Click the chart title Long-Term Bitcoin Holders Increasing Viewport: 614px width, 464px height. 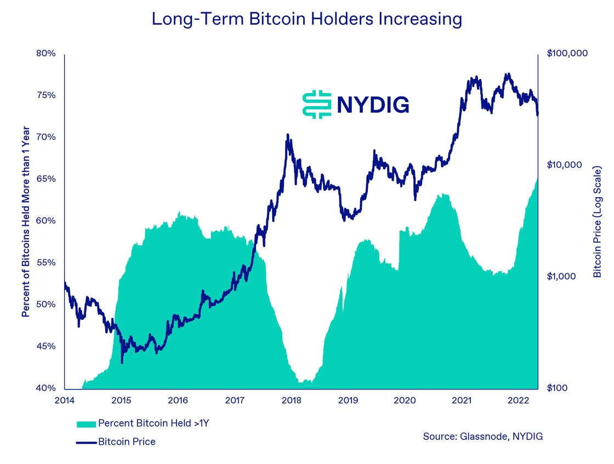click(306, 19)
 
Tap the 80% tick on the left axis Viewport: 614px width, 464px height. click(47, 54)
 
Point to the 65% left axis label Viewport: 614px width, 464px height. click(47, 179)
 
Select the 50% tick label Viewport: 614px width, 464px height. click(47, 305)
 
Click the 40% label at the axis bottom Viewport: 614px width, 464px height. click(47, 388)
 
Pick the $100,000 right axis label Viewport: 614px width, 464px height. click(567, 54)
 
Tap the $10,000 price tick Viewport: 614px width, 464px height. click(565, 165)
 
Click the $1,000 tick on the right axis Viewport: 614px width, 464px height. click(562, 277)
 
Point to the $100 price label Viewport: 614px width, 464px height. click(559, 388)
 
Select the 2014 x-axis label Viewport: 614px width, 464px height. click(65, 400)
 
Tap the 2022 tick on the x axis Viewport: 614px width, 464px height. click(518, 400)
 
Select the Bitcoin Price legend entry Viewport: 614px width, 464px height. click(126, 442)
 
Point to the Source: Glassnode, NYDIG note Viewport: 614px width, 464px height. click(482, 437)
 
